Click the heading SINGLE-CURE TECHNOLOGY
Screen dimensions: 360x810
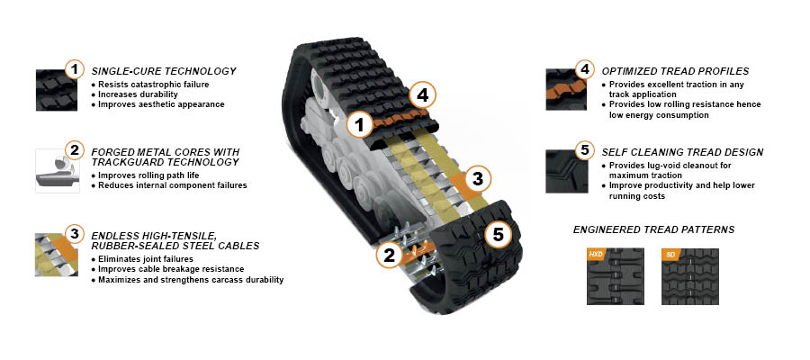click(164, 71)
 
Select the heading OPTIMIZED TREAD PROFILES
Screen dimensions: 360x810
click(675, 71)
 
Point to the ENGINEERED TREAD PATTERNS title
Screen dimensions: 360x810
click(653, 229)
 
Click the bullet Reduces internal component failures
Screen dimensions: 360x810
click(172, 185)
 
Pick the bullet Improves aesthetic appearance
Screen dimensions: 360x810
click(161, 104)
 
